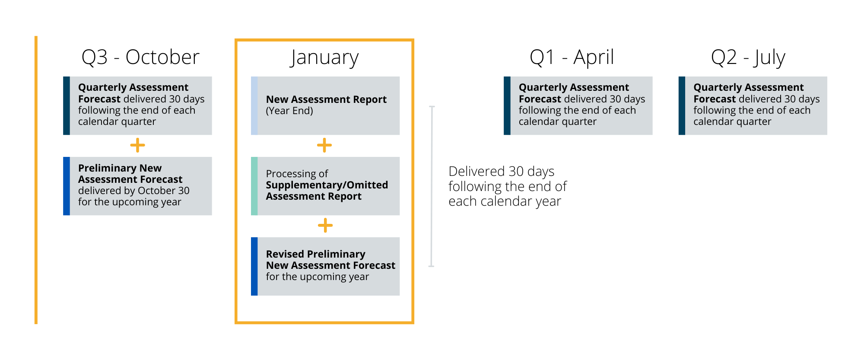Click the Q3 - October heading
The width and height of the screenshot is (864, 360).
coord(140,57)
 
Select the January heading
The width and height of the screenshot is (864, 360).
coord(324,58)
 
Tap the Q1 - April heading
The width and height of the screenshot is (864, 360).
coord(572,57)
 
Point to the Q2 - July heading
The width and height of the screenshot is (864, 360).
coord(748,58)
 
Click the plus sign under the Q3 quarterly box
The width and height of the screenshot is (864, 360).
coord(137,145)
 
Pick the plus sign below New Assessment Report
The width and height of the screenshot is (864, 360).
coord(324,145)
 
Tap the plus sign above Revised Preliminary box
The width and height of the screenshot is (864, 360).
coord(325,225)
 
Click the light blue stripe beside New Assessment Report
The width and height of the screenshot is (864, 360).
coord(254,106)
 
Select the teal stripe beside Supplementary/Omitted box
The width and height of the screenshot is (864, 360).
coord(254,186)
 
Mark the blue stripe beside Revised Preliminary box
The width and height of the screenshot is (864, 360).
coord(254,266)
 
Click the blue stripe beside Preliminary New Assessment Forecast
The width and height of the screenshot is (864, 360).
coord(67,186)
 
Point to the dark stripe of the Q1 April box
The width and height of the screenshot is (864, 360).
coord(507,106)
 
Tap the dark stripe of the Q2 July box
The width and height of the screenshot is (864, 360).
coord(682,106)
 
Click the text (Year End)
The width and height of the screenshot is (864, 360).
coord(289,111)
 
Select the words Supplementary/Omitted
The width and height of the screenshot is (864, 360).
coord(327,185)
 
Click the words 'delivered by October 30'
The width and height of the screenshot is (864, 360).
coord(134,191)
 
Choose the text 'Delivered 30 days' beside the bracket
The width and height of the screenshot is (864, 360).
coord(502,172)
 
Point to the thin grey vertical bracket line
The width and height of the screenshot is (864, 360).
coord(432,186)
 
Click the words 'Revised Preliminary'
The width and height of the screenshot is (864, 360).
coord(316,254)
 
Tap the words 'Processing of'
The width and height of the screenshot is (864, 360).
coord(297,174)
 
